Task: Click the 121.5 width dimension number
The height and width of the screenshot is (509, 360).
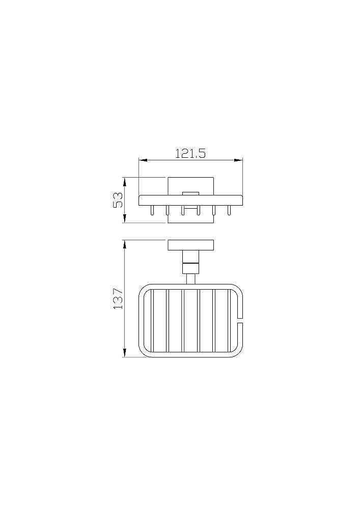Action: click(190, 153)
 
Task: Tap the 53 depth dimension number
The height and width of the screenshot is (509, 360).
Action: click(118, 200)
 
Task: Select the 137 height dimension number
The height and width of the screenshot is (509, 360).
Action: click(118, 298)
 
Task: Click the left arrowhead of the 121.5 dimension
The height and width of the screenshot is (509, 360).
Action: click(143, 160)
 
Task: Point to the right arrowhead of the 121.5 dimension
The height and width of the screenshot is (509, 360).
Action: click(239, 160)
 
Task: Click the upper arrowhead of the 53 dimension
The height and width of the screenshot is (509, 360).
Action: click(124, 182)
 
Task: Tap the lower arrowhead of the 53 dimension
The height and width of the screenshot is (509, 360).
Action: click(124, 218)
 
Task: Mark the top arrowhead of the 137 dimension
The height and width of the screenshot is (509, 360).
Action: click(124, 244)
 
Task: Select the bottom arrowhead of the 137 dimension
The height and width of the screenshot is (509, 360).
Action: click(124, 353)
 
